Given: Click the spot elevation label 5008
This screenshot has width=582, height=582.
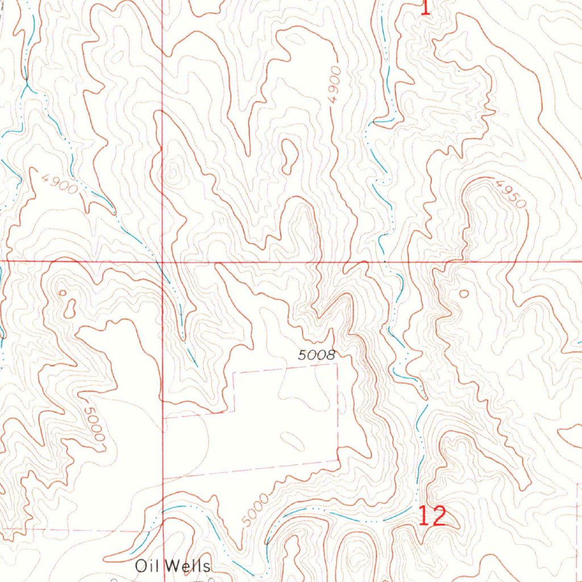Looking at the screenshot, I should click(317, 356).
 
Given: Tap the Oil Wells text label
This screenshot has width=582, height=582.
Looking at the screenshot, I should click(173, 566).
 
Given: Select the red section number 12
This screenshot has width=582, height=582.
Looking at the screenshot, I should click(433, 516).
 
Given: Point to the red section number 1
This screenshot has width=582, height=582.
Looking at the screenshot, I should click(425, 7).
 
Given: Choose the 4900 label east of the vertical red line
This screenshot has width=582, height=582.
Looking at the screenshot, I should click(334, 84).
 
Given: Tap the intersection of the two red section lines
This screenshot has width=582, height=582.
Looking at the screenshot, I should click(163, 261).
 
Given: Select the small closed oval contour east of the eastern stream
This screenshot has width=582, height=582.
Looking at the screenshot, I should click(463, 294).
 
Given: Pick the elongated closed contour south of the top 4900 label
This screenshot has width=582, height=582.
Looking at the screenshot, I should click(289, 156).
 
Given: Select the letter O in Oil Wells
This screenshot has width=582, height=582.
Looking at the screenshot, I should click(140, 566).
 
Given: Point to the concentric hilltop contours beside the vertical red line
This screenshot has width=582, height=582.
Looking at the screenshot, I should click(173, 171).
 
